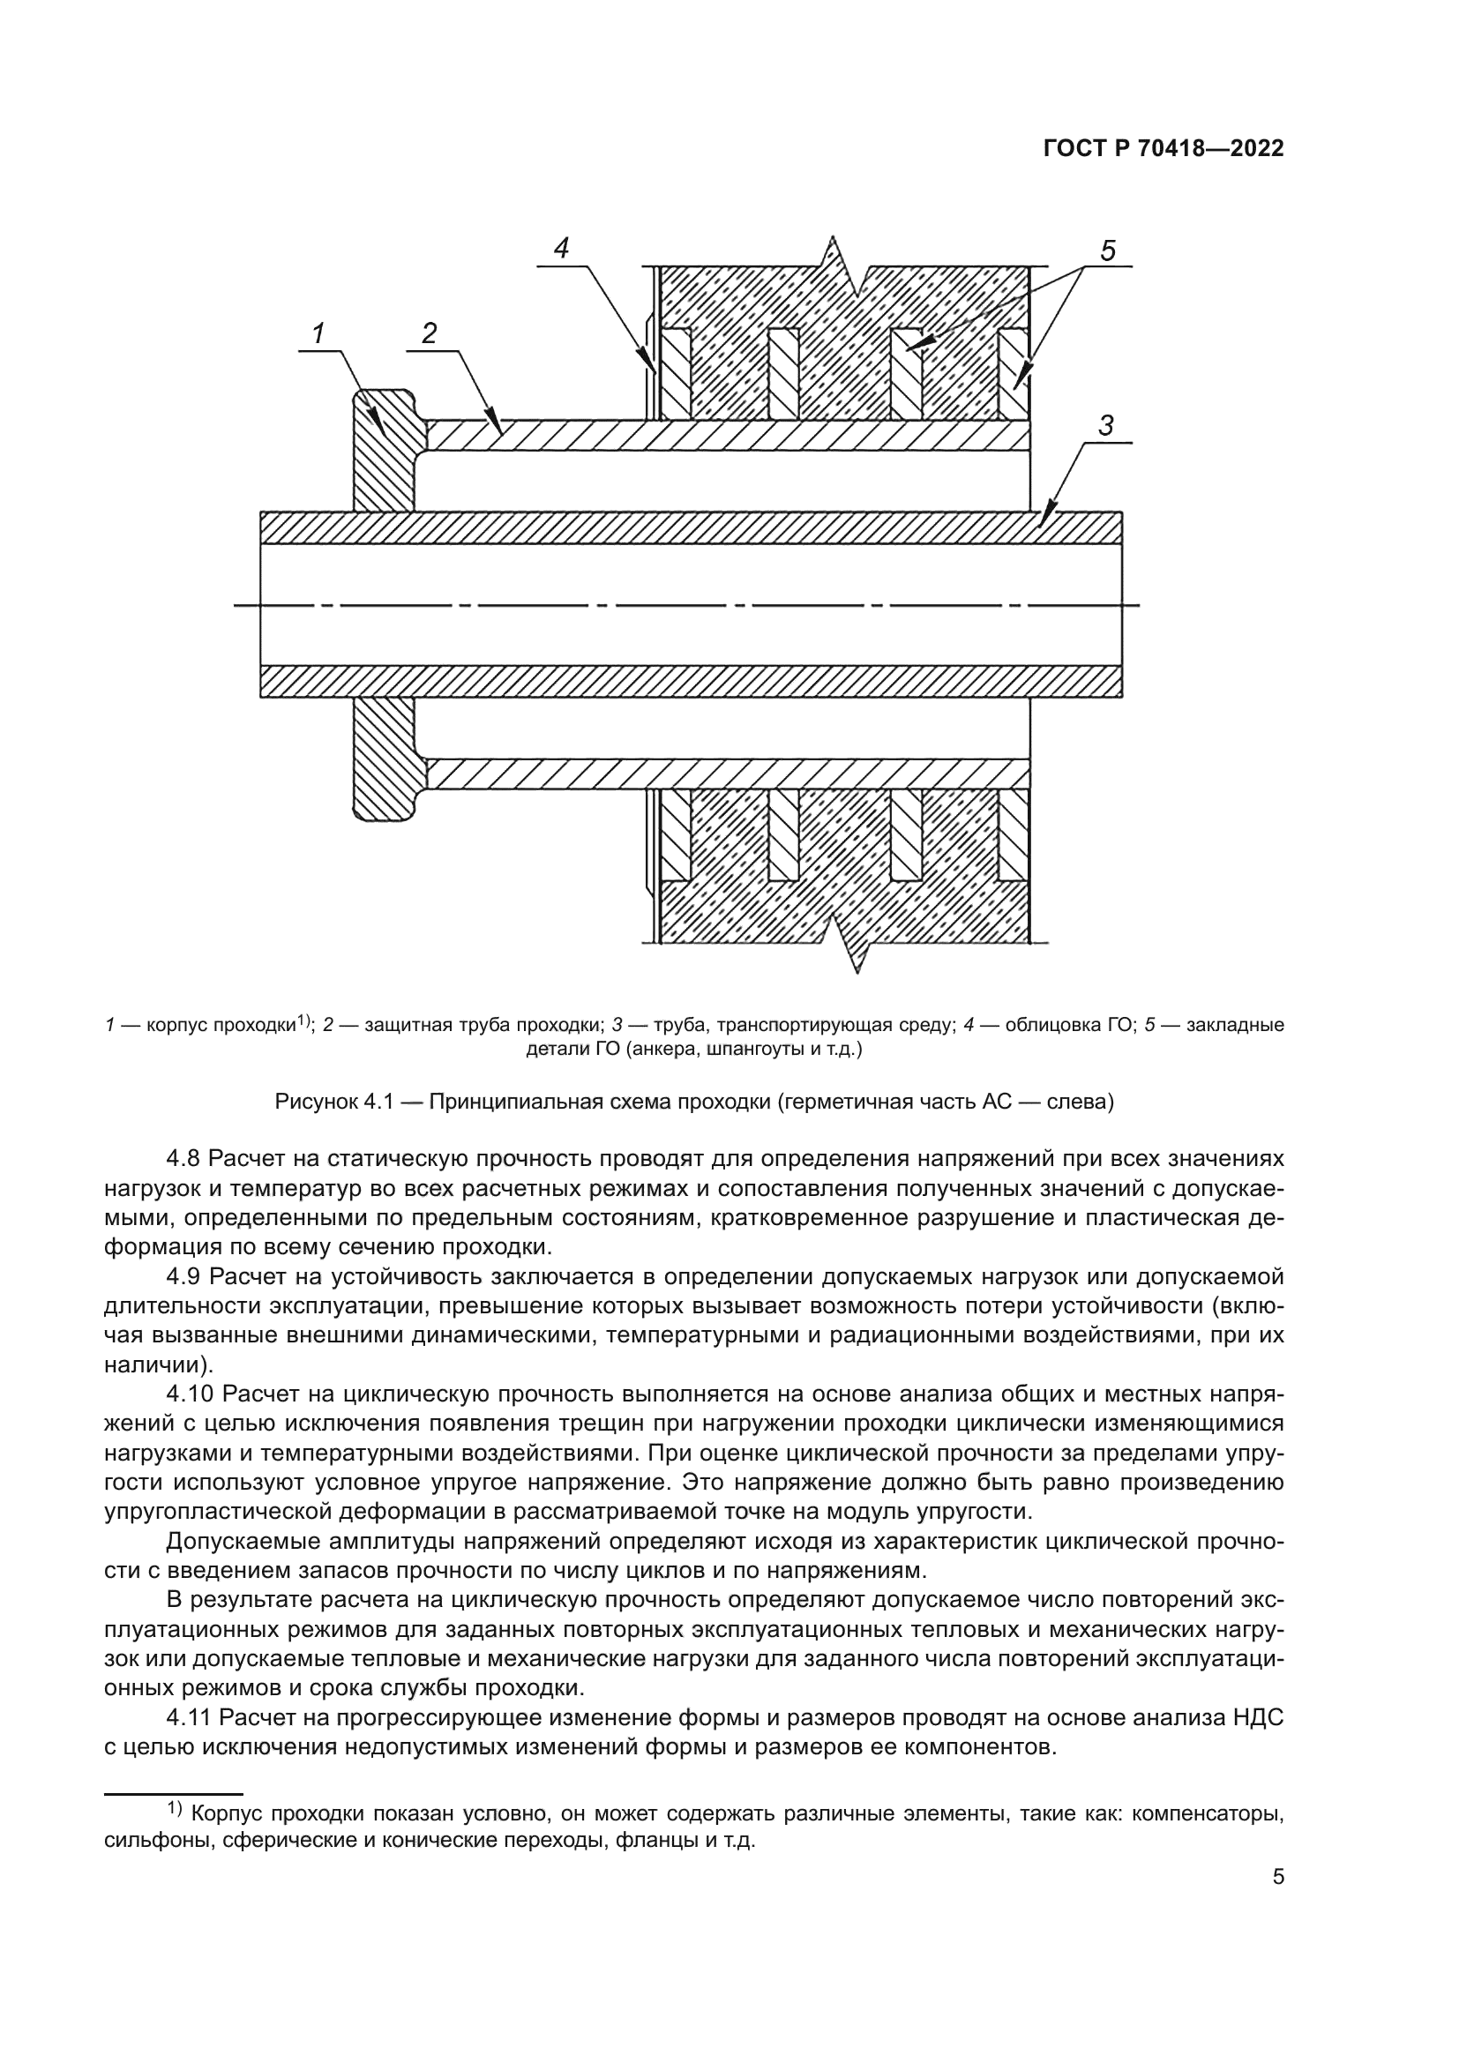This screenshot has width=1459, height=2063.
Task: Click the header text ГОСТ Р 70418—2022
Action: click(1163, 149)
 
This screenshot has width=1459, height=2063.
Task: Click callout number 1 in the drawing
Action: click(318, 334)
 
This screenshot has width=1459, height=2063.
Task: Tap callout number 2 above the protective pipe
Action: click(430, 334)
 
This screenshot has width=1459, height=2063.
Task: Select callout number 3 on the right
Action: click(1106, 426)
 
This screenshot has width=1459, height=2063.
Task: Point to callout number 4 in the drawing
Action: click(562, 248)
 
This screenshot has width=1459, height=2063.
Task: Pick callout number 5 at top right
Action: click(1108, 251)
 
